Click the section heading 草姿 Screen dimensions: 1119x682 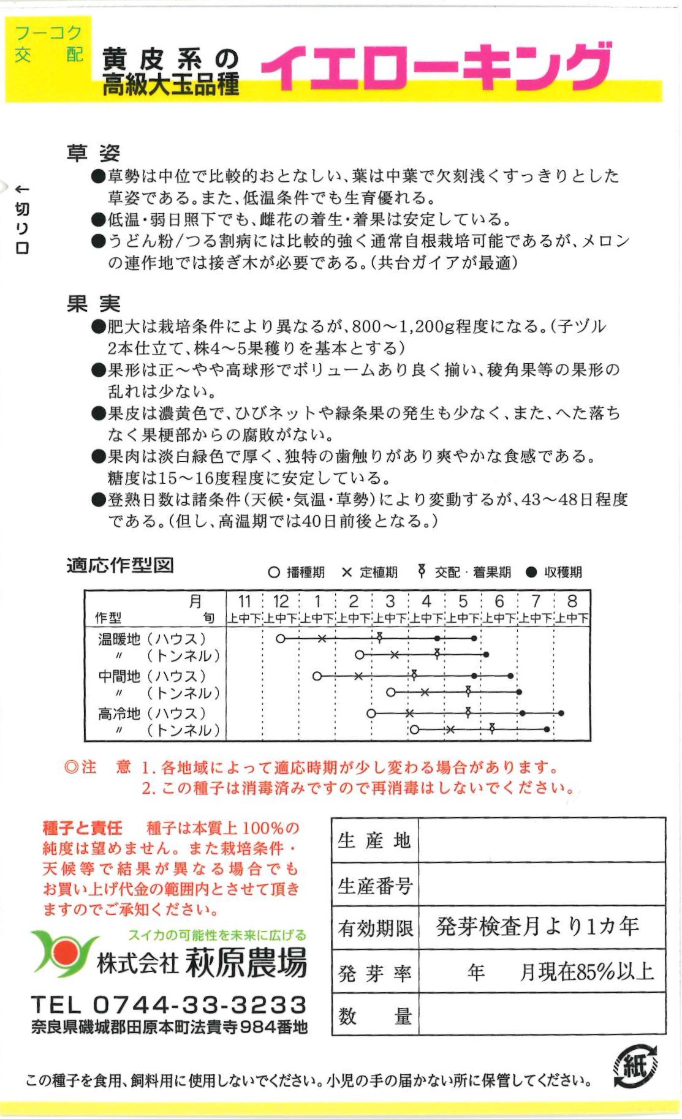(93, 153)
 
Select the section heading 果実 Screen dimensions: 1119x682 (93, 303)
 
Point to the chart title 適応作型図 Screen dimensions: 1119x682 (120, 565)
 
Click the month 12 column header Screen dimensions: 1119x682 (281, 601)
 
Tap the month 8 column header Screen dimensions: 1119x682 (572, 601)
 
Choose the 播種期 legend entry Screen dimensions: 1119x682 (297, 572)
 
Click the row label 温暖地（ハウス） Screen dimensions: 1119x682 (153, 639)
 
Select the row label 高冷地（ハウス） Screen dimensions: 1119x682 (153, 714)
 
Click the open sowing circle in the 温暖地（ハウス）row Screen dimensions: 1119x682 (281, 639)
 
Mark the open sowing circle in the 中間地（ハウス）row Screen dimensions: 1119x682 (317, 676)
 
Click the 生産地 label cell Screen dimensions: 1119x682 (374, 840)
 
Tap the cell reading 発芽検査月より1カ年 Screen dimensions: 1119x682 (538, 927)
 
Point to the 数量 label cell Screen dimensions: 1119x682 (374, 1016)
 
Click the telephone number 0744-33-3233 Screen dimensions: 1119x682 (199, 1004)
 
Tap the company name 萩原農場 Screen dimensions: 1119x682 (246, 963)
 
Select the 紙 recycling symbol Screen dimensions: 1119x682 (635, 1067)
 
